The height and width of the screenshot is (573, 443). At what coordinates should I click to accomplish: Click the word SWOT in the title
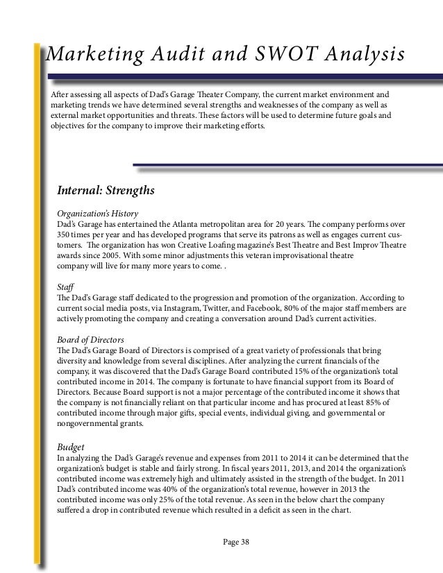coord(286,54)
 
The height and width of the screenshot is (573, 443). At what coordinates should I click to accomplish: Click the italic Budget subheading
coord(69,447)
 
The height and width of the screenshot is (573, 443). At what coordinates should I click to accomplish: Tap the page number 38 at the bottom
coord(243,542)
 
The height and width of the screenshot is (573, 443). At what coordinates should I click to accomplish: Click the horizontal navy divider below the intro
coord(288,165)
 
